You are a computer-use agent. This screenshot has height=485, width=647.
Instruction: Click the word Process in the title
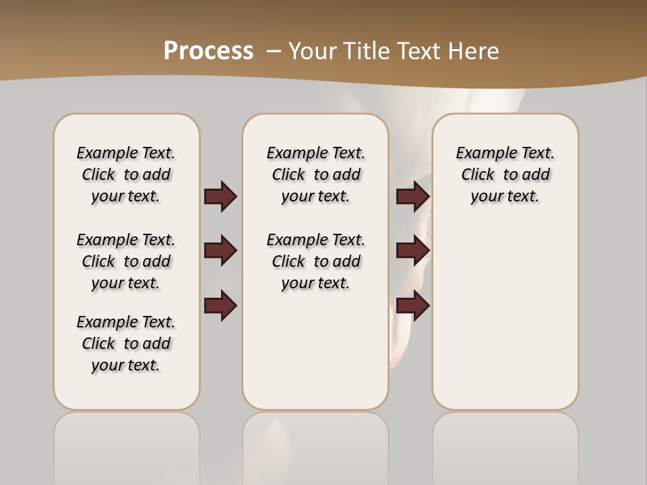208,51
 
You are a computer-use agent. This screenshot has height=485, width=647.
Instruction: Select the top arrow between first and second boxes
220,197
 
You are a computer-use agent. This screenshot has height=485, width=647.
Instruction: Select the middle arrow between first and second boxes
220,251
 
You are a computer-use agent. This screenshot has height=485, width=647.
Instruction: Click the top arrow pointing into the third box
412,197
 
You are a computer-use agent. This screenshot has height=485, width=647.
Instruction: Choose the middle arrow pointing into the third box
412,251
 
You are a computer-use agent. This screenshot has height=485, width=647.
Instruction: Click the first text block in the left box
126,174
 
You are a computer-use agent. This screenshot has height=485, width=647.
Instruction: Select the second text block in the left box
126,261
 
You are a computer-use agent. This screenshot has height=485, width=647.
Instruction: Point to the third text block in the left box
126,344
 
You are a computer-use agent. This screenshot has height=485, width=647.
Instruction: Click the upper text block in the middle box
316,174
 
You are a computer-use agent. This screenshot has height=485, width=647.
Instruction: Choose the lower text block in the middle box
316,261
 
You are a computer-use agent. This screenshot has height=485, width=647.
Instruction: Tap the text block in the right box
505,174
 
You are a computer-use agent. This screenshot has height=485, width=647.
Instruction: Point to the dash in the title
274,51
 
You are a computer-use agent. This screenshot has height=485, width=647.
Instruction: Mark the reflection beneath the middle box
315,445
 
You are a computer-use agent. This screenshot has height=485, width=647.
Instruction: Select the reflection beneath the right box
505,445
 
